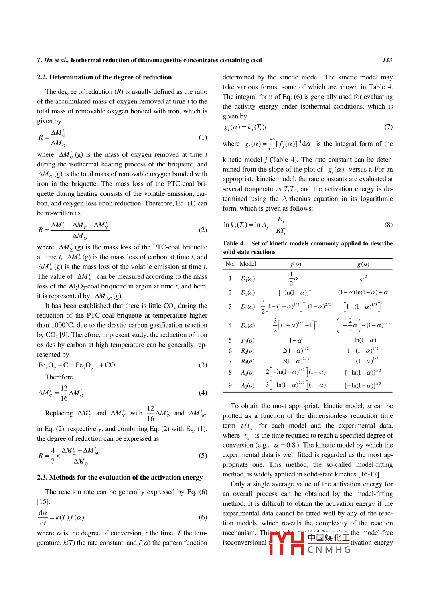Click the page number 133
tap(387, 60)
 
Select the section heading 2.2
tap(104, 77)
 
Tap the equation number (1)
tap(203, 137)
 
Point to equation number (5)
tap(203, 456)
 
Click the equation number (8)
tap(388, 225)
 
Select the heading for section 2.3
tap(120, 477)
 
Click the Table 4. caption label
tap(234, 243)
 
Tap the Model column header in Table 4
tap(247, 264)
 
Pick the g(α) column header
tap(363, 264)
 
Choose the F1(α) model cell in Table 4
tap(247, 340)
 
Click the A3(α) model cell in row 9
tap(247, 385)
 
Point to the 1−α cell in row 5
tap(295, 340)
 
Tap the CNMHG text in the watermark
tap(329, 550)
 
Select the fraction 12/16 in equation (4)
tap(64, 393)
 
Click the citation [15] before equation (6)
tap(43, 502)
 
